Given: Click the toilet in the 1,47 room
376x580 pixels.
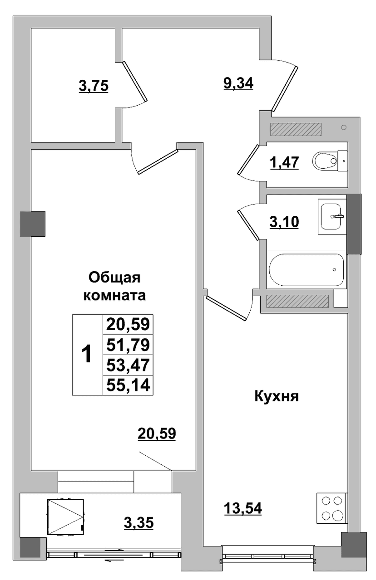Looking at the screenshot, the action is [329, 161].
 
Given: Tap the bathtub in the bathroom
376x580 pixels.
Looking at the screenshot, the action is [306, 269].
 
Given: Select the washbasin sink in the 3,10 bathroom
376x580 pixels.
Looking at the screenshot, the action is [332, 216].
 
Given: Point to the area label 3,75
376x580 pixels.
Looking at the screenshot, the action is [94, 86].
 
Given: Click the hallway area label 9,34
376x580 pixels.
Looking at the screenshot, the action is [238, 83].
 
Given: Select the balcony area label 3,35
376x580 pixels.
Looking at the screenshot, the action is [139, 522].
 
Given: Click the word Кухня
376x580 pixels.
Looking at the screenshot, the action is [277, 396].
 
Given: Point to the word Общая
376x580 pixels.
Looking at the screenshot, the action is [114, 278].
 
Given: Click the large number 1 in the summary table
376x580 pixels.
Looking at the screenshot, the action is [87, 355].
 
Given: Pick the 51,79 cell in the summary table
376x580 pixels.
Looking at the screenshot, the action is [128, 345].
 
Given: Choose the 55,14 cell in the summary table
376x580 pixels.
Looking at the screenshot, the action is [128, 385].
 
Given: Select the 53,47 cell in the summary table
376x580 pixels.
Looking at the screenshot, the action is [128, 365].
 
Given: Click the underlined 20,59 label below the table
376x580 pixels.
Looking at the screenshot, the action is [157, 434].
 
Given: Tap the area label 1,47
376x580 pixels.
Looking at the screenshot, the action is [284, 163].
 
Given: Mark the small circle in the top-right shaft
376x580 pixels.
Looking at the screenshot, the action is [344, 127].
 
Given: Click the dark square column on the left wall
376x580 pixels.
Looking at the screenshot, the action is [33, 224].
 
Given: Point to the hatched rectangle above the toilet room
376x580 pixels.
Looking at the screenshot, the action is [296, 129].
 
